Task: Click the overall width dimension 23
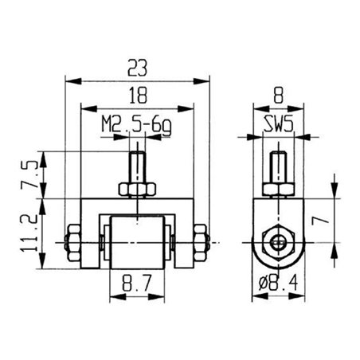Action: click(x=137, y=69)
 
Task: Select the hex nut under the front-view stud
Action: click(x=137, y=189)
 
